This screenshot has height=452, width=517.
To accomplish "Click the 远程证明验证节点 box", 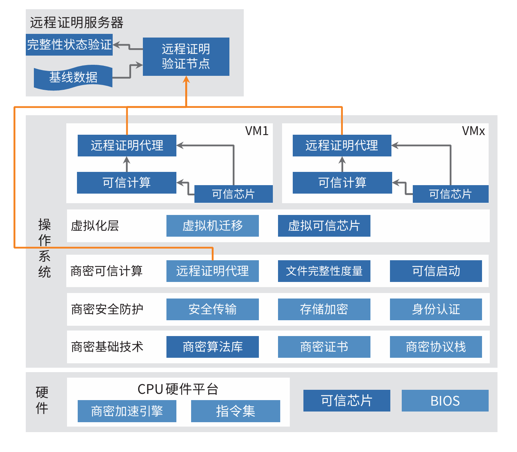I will (x=186, y=56).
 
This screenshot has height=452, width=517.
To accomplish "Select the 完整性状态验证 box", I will (x=69, y=45).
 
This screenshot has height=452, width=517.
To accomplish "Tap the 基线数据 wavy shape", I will (x=73, y=77).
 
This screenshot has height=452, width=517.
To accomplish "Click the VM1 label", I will (x=257, y=131).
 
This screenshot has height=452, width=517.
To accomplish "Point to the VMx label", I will (x=473, y=131).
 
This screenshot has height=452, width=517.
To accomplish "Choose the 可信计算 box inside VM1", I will (x=127, y=183).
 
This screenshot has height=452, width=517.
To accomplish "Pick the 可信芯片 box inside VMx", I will (x=450, y=194).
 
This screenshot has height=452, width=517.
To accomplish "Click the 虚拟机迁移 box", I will (x=212, y=226).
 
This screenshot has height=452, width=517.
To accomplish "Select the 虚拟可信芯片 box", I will (x=324, y=226).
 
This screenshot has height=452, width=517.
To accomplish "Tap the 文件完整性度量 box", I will (x=324, y=271).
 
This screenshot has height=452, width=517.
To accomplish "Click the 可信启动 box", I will (x=436, y=271).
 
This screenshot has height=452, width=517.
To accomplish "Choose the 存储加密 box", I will (x=324, y=309).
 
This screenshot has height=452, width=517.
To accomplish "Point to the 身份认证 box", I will (x=436, y=309).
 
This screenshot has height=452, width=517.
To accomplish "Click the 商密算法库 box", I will (x=212, y=347).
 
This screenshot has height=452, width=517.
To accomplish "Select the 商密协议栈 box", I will (x=436, y=347).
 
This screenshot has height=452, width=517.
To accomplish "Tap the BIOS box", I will (x=445, y=401).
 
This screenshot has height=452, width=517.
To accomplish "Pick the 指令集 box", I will (x=235, y=411).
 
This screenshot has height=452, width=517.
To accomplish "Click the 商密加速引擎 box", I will (x=127, y=411).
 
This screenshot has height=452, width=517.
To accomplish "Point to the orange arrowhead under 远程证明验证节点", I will (x=186, y=80).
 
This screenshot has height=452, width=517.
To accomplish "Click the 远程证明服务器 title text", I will (x=77, y=23).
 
